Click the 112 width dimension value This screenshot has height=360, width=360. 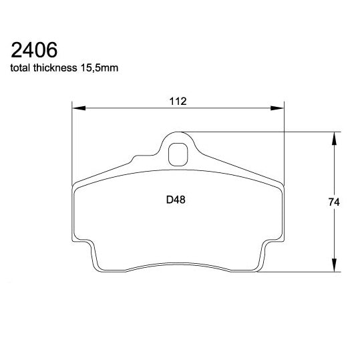click(177, 101)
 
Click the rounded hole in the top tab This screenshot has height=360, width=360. click(178, 154)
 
